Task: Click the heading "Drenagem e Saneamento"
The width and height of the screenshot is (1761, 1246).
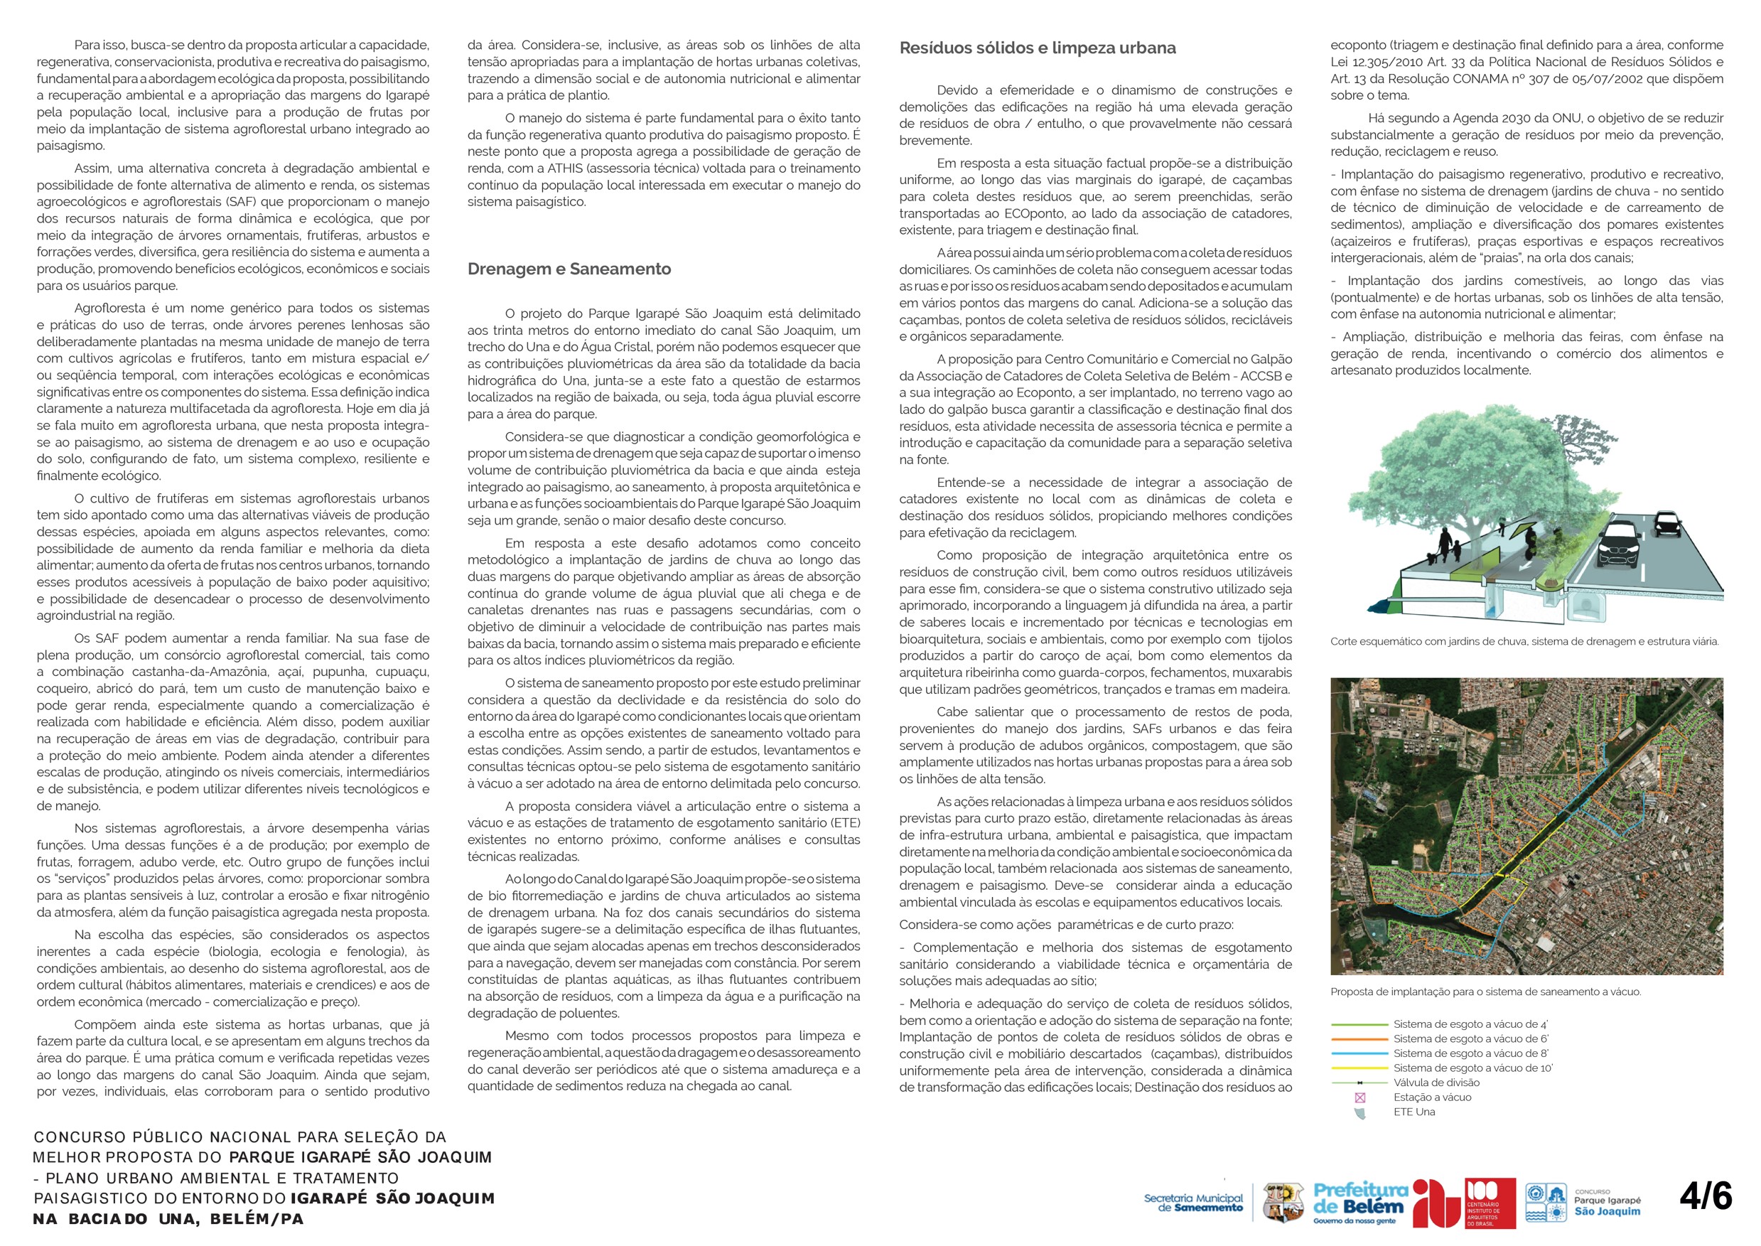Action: (x=569, y=269)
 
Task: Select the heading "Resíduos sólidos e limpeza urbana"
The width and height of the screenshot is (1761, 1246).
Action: (x=1038, y=48)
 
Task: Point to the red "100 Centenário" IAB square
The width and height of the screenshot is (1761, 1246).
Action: (x=1490, y=1202)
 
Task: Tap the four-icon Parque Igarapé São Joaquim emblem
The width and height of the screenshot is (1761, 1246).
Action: (x=1545, y=1202)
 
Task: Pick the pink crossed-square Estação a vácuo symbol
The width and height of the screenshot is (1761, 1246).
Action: (x=1361, y=1098)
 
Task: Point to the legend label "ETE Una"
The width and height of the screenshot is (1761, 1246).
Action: (x=1414, y=1112)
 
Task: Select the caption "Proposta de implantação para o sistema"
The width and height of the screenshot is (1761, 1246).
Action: (x=1486, y=992)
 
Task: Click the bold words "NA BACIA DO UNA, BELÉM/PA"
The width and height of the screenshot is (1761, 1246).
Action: (x=168, y=1219)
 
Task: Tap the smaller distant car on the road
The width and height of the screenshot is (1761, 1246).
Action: (x=1666, y=523)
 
